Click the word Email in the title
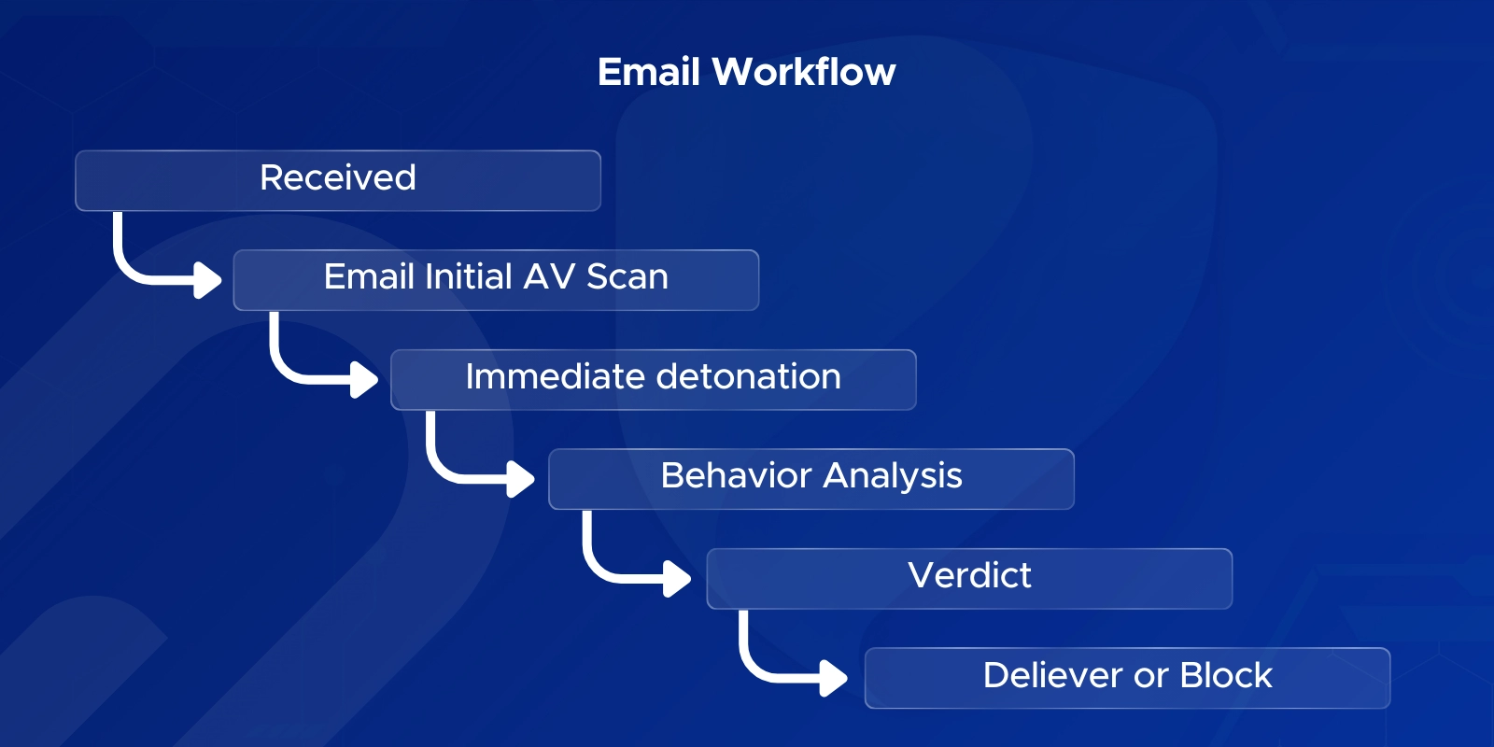tap(648, 72)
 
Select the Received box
tap(337, 180)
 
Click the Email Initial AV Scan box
tap(496, 279)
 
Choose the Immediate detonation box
tap(653, 379)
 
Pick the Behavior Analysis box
tap(810, 478)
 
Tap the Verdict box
tap(969, 578)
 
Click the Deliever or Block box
tap(1127, 677)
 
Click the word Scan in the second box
tap(627, 277)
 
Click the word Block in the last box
tap(1225, 675)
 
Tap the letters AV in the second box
tap(549, 277)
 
